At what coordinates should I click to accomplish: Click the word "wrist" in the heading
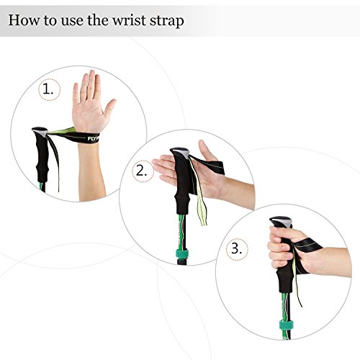coord(129,20)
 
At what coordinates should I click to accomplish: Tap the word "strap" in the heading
coord(167,21)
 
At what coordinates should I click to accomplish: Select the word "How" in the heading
coord(24,20)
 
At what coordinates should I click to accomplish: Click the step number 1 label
coord(48,89)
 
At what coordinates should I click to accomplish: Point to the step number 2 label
coord(142,171)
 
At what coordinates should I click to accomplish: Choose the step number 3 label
coord(236,248)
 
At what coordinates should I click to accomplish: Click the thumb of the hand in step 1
coord(110,107)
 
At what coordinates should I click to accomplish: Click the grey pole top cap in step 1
coord(40,132)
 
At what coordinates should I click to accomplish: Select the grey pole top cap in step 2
coord(180,153)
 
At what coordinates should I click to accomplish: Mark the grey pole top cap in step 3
coord(281,222)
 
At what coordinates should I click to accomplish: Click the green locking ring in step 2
coord(182,253)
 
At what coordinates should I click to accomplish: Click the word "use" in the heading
coord(71,21)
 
